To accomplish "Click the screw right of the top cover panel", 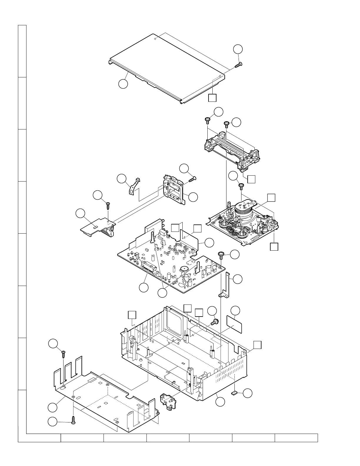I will [238, 65].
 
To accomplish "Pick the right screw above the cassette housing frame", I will [226, 124].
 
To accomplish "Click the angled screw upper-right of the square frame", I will [193, 178].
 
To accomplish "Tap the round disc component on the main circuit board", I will [184, 269].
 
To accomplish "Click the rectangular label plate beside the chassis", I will [234, 324].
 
